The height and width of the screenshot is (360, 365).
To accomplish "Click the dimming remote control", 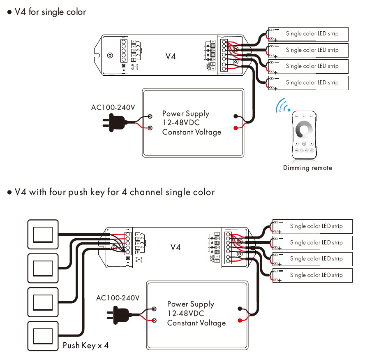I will tap(304, 136).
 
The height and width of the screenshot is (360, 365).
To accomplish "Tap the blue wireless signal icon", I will tap(283, 105).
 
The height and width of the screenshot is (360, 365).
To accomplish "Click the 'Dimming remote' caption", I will tap(307, 168).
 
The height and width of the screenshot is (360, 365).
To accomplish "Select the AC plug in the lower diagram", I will tap(120, 315).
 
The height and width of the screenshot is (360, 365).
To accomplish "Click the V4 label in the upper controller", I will tap(171, 56).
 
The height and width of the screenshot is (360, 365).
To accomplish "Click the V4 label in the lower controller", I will tap(176, 247).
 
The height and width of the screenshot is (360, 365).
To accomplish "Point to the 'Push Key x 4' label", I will tap(85, 345).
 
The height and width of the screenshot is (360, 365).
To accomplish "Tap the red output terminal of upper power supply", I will tap(236, 128).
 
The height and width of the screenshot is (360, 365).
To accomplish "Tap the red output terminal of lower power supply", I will tap(240, 320).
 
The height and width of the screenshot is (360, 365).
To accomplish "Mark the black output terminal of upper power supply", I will tap(236, 116).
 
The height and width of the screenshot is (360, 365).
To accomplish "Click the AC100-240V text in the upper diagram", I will tap(113, 108).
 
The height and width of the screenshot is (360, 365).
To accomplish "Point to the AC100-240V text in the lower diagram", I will tap(118, 297).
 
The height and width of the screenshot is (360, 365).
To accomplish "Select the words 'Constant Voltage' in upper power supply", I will tap(192, 132).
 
